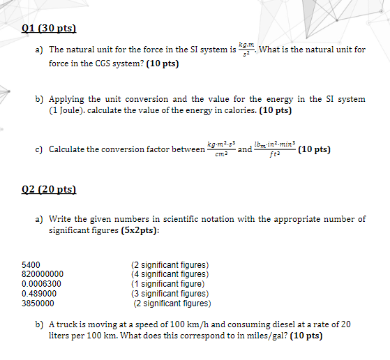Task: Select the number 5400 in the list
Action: [31, 265]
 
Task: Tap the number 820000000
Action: [43, 274]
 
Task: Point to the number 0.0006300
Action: [41, 284]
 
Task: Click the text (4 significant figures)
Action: [170, 274]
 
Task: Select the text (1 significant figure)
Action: [168, 284]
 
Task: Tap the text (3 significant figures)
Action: [170, 294]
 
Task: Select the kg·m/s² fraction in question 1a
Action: [246, 48]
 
